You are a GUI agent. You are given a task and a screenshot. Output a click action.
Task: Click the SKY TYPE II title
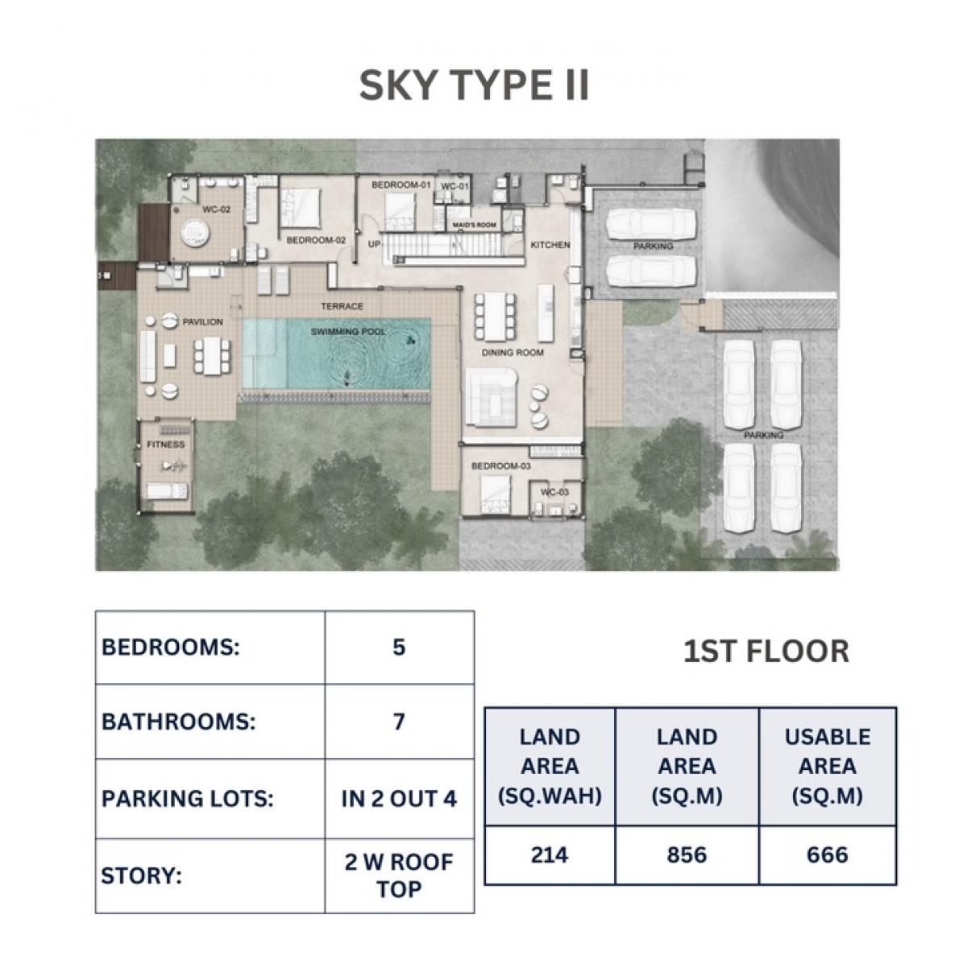tap(473, 85)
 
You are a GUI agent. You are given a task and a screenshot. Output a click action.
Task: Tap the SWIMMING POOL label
tap(348, 332)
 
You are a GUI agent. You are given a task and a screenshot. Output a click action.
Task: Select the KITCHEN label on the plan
tap(550, 245)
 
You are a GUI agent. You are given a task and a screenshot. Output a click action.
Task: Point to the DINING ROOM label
tap(513, 353)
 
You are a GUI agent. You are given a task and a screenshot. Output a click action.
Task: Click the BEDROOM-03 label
tap(500, 466)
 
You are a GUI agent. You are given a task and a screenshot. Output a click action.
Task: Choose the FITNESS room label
tap(166, 445)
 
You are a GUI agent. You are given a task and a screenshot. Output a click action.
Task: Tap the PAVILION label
tap(202, 321)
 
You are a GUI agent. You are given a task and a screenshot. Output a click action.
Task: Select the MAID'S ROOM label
tap(474, 225)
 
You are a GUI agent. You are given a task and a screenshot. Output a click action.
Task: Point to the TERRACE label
tap(342, 306)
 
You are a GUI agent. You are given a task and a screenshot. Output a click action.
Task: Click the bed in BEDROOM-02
tap(300, 207)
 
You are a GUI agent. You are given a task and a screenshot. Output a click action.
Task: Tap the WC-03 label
tap(554, 492)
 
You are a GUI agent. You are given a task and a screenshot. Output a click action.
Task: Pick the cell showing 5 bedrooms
tap(399, 647)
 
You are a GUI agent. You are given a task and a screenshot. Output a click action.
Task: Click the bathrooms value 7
tap(399, 722)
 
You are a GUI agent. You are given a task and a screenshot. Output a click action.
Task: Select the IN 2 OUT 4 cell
tap(399, 798)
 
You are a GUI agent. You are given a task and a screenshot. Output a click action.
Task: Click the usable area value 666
tap(827, 854)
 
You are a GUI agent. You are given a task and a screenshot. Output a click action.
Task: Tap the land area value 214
tap(550, 854)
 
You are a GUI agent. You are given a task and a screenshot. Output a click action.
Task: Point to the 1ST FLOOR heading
tap(766, 652)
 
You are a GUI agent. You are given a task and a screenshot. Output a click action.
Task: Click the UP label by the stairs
tap(375, 244)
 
